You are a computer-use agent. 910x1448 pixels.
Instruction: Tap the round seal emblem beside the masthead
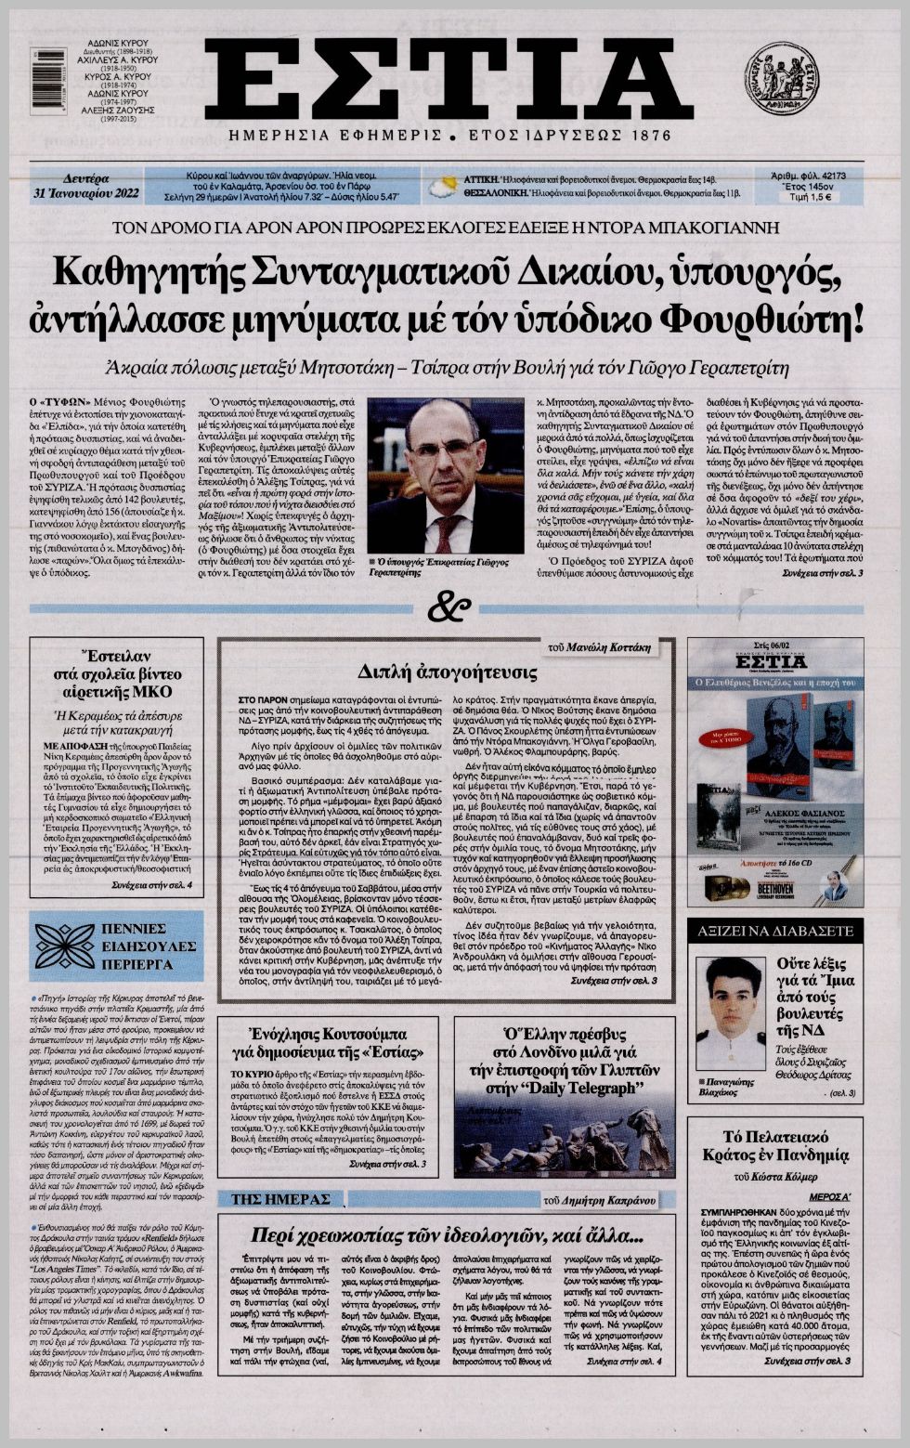[781, 79]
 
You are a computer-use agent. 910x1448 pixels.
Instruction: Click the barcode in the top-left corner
[48, 81]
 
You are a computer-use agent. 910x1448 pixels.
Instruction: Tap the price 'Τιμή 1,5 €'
[807, 197]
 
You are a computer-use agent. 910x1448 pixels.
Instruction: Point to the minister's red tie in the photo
[448, 531]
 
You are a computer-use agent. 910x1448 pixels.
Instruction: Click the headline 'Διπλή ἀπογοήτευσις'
[448, 672]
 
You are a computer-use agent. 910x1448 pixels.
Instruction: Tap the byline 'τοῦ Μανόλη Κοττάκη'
[612, 646]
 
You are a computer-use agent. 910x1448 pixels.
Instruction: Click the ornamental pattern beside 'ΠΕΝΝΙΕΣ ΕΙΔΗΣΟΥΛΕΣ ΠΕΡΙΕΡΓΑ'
[66, 946]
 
